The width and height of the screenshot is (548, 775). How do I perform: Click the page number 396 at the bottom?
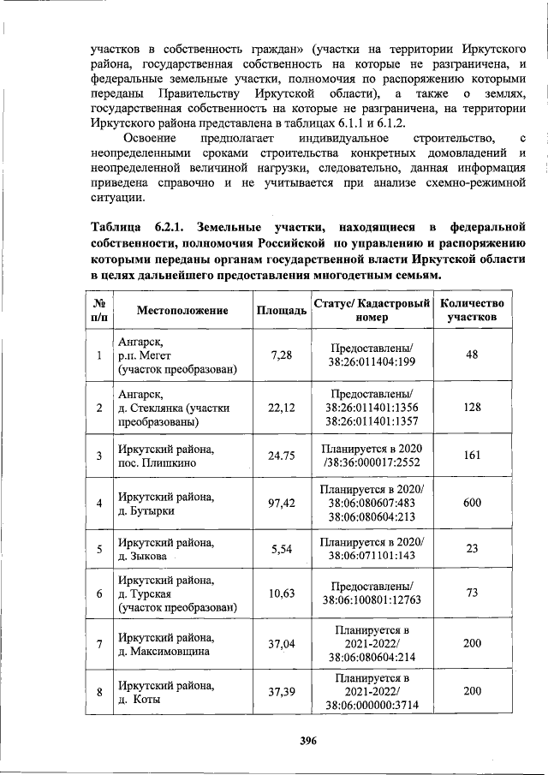[x=309, y=741]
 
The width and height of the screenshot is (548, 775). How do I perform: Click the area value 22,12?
[x=282, y=408]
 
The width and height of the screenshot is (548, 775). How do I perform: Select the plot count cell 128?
[x=472, y=408]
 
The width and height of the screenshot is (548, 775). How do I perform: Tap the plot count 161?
[x=472, y=456]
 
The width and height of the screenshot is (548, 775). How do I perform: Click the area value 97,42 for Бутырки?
[x=282, y=504]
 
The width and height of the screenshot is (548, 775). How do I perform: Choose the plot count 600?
[x=472, y=504]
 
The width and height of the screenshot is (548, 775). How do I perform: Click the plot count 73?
[x=472, y=593]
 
